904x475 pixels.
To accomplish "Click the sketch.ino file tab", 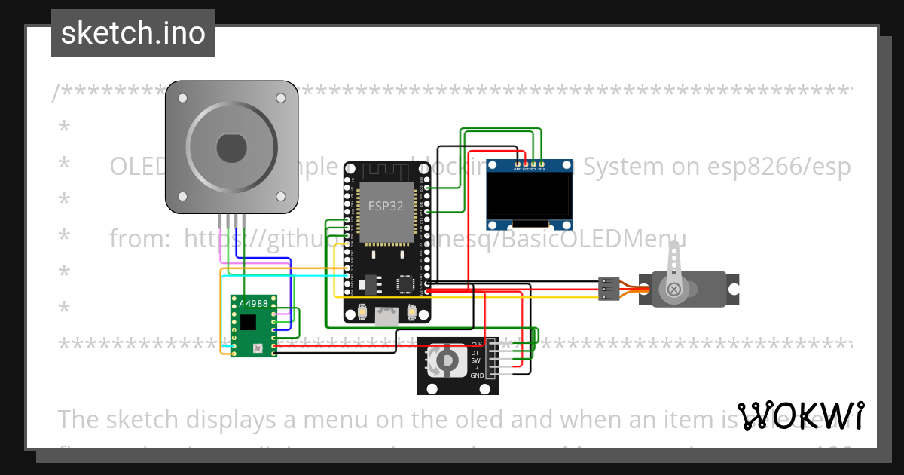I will (x=133, y=33).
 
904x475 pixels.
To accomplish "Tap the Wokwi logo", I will (x=800, y=416).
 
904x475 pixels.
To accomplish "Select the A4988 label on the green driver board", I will (x=257, y=303).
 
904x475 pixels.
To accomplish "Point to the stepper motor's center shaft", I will (x=231, y=148).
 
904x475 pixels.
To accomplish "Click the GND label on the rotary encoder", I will (x=477, y=375).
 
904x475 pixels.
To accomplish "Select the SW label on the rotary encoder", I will (x=475, y=360).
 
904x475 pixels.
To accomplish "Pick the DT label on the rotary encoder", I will (x=475, y=352).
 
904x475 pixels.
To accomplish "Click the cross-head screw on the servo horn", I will (x=673, y=289).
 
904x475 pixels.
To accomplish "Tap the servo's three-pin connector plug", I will (x=609, y=289).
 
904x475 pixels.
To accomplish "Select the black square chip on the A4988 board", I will (x=248, y=323).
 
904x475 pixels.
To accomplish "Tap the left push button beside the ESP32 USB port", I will (x=362, y=311).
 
